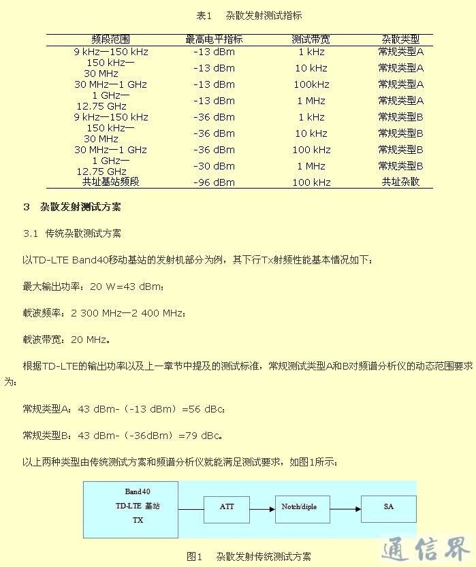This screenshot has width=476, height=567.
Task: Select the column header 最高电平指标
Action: coord(214,39)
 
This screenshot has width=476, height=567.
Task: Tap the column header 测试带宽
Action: coord(311,39)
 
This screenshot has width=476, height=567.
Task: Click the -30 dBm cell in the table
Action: coord(214,166)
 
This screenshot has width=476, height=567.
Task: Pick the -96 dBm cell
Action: coord(214,182)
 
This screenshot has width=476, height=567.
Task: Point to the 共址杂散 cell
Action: coord(401,182)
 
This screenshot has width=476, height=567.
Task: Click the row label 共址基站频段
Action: coord(110,182)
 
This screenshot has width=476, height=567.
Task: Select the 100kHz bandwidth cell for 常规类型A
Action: coord(311,84)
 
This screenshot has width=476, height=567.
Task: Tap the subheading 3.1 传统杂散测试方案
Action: coord(72,233)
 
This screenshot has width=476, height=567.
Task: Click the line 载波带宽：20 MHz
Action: coord(66,339)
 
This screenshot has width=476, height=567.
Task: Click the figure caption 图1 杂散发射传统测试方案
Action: coord(249,556)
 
